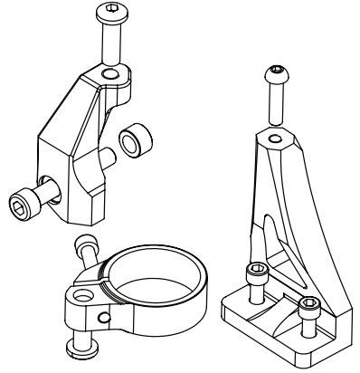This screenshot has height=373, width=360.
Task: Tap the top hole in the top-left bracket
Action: [x=109, y=72]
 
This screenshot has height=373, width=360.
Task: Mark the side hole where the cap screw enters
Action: [x=45, y=178]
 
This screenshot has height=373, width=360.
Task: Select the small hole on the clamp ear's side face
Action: [x=106, y=317]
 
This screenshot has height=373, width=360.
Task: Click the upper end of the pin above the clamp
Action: [x=87, y=242]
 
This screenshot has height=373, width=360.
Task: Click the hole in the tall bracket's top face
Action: [x=273, y=139]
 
